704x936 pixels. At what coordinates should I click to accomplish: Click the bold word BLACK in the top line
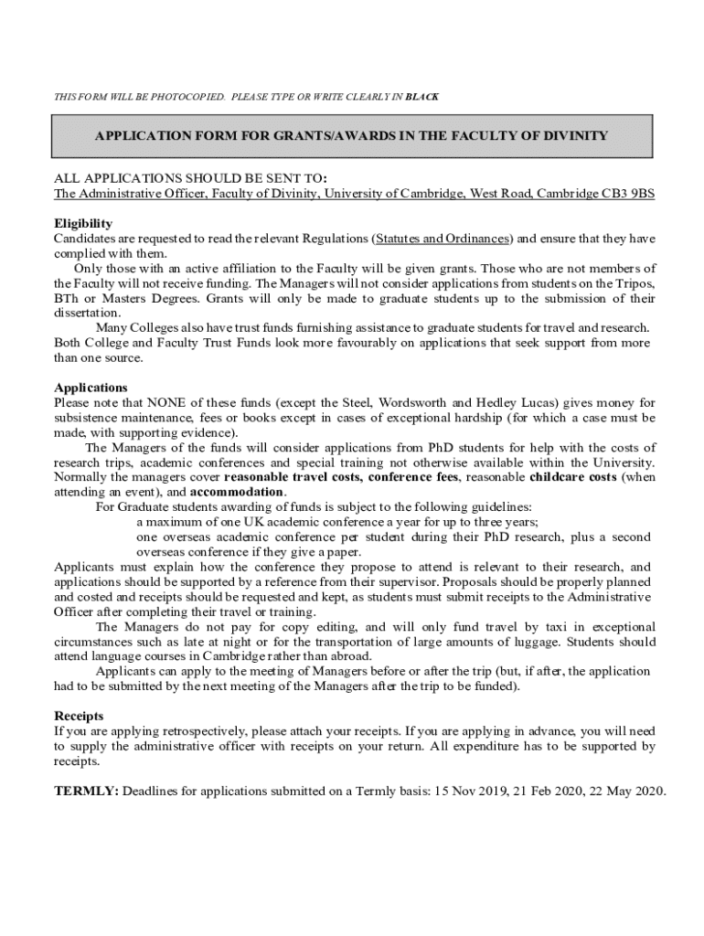(421, 96)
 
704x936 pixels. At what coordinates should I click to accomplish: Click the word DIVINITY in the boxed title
(568, 135)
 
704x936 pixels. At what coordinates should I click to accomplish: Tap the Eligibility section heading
(83, 223)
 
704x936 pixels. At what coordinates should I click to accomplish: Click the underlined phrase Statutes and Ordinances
(442, 239)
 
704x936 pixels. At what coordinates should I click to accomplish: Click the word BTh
(66, 298)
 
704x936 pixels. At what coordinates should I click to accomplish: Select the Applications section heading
(91, 388)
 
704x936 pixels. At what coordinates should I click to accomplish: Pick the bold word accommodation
(238, 492)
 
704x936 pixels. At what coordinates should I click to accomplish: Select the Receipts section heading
(79, 716)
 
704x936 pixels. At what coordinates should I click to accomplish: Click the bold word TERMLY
(85, 791)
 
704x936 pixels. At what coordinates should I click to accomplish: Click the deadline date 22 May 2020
(631, 791)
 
